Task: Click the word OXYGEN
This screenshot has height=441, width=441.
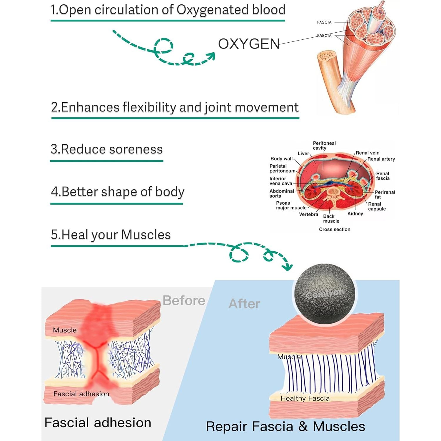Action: tap(249, 44)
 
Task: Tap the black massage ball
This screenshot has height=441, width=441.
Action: tap(325, 294)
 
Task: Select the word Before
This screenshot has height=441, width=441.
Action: tap(184, 300)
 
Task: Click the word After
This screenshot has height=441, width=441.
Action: tap(244, 304)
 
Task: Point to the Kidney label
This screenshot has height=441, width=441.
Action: tap(355, 214)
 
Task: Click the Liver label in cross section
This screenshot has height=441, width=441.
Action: tap(303, 153)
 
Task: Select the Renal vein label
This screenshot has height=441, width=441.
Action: tap(367, 153)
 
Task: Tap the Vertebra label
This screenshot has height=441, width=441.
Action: tap(308, 214)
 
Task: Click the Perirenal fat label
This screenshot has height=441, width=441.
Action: tap(385, 195)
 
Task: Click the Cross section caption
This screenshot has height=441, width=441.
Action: tap(335, 229)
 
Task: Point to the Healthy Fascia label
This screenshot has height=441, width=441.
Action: tap(305, 398)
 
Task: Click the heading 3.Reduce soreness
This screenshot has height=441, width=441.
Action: tap(107, 149)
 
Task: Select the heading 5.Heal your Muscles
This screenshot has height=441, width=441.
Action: tap(111, 235)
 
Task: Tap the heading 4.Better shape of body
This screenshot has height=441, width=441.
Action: tap(118, 192)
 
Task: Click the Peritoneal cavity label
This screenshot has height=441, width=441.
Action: tap(324, 146)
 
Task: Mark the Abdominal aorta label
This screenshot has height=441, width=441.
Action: tap(281, 193)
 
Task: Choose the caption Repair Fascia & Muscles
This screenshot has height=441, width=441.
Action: tap(285, 427)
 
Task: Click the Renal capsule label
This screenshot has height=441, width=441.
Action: tap(377, 206)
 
